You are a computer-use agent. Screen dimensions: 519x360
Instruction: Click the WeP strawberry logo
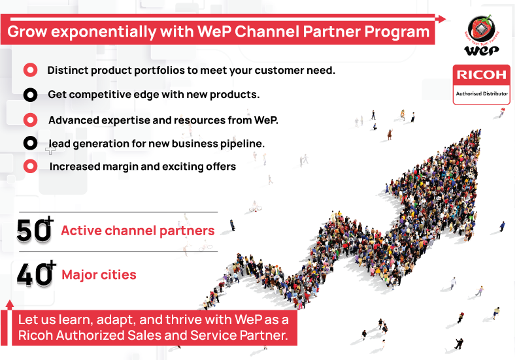482,35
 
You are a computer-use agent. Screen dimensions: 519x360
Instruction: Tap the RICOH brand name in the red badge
482,75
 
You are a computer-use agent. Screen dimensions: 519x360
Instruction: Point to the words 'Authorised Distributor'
482,93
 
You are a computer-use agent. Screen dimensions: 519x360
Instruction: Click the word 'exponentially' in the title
103,32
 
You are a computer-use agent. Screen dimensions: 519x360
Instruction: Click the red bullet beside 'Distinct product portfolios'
31,70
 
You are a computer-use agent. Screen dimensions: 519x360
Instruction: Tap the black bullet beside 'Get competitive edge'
31,95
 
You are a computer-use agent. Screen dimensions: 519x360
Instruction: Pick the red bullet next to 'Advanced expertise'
31,120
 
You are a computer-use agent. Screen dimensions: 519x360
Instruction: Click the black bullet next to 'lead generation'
31,143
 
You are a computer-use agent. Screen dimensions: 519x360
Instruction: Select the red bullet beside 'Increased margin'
31,166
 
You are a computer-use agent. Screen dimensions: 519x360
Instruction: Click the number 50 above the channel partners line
33,230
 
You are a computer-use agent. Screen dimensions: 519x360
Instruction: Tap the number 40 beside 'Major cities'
34,274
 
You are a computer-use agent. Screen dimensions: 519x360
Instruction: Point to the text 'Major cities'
99,274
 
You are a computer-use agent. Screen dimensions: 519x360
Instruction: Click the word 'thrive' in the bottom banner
182,320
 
